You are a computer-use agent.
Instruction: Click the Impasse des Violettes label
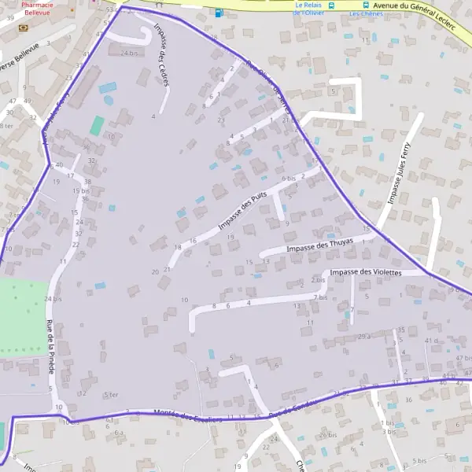tap(366, 272)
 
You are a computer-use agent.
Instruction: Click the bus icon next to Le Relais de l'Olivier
tap(331, 5)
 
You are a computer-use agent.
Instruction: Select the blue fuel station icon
tap(218, 12)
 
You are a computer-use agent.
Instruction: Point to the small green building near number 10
tap(97, 125)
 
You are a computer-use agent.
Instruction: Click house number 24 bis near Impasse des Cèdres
tap(129, 53)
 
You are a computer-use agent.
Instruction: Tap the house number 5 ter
tap(111, 394)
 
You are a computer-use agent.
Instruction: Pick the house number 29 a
tap(364, 336)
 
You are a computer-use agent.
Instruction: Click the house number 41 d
tap(431, 340)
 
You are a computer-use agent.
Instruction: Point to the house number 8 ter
tap(7, 125)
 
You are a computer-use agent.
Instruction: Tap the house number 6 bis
tap(288, 179)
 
